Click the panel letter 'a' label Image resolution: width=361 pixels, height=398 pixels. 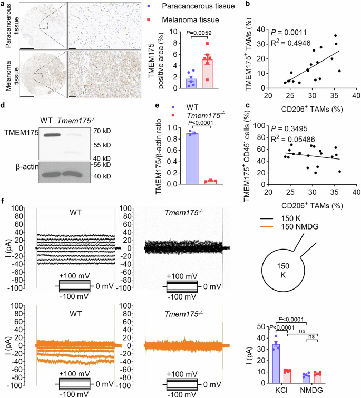coord(3,4)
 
